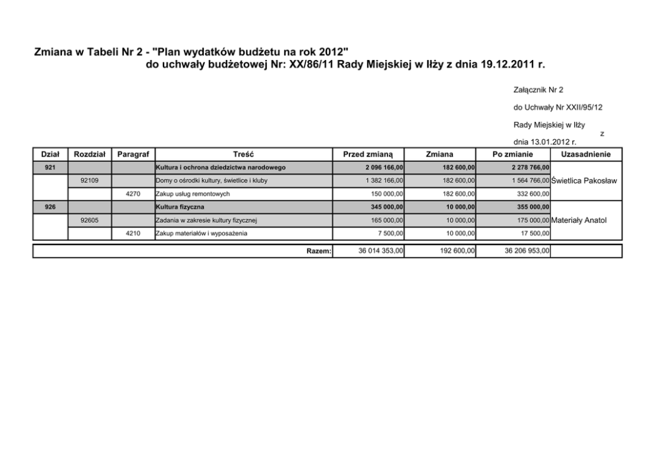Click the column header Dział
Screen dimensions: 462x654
[50, 154]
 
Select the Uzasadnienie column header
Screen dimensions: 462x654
[585, 154]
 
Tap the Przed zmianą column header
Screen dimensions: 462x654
[368, 154]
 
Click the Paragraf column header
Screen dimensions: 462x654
[133, 154]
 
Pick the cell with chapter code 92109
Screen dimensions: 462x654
[89, 181]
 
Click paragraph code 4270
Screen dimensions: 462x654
[133, 194]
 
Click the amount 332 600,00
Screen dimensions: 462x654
[530, 194]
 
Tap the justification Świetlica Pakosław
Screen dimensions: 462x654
[583, 181]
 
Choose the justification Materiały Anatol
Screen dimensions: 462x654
[578, 220]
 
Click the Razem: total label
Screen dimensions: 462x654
[319, 251]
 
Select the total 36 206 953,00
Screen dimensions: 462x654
[527, 251]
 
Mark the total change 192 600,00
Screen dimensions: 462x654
[457, 251]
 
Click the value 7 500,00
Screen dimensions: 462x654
[390, 233]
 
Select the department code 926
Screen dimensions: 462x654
[50, 207]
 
